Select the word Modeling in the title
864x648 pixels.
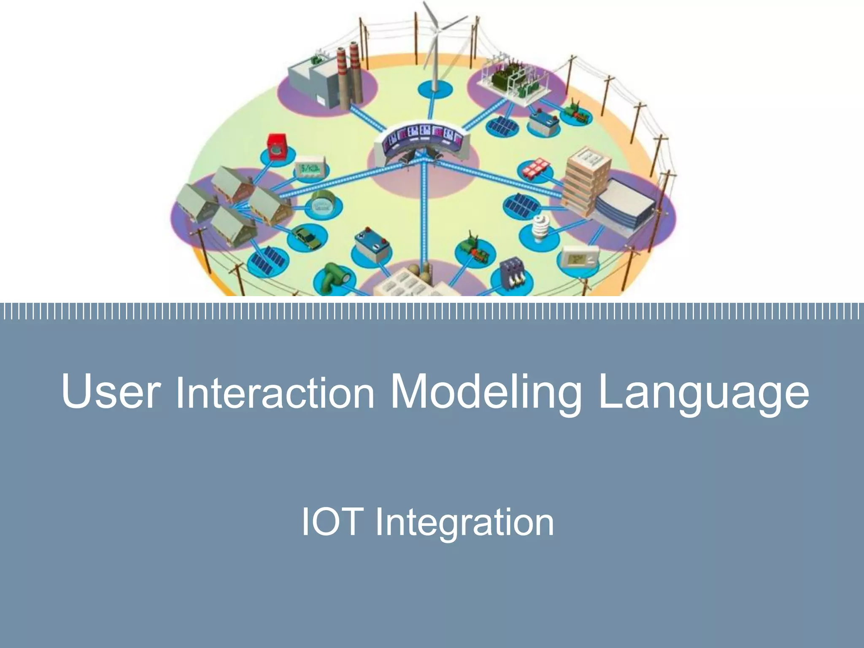coord(485,392)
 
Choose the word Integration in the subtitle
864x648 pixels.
coord(464,523)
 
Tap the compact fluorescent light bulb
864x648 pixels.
coord(539,230)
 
